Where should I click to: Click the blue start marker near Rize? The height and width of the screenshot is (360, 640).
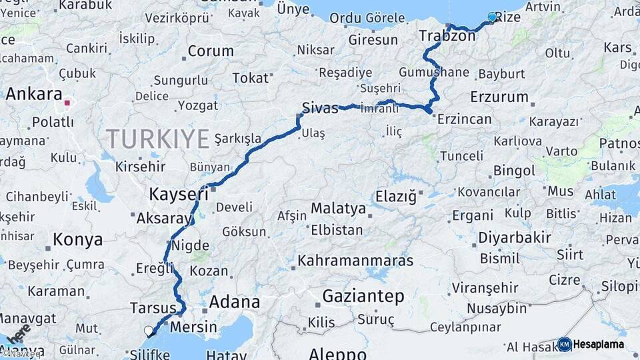point(493,17)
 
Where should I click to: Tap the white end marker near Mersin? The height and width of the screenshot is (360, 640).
point(149,330)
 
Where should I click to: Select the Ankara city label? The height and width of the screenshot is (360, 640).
point(34,94)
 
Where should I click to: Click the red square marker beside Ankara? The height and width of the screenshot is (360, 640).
point(67,103)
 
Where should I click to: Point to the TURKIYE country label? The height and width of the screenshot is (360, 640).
point(158,139)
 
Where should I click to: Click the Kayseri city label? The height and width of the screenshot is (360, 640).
point(178,195)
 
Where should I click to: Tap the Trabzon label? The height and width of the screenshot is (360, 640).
point(447,36)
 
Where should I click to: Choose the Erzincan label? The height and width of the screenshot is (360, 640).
point(465,119)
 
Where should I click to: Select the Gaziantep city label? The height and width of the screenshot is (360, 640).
point(363,296)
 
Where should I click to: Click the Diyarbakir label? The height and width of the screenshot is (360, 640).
point(514,237)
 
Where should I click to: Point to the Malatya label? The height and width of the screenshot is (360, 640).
point(338,209)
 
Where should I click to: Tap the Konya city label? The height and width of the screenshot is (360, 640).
point(78,239)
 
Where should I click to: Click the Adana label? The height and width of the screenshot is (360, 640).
point(234,302)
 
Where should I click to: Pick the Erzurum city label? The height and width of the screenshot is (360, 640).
point(499,97)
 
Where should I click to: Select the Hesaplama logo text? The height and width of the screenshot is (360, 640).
point(598,344)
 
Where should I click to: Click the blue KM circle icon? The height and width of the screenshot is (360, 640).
point(564,344)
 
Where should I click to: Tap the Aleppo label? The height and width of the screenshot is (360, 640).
point(337,353)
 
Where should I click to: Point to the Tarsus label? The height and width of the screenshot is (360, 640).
point(153,308)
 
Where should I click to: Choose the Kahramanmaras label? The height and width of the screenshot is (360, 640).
point(355,261)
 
